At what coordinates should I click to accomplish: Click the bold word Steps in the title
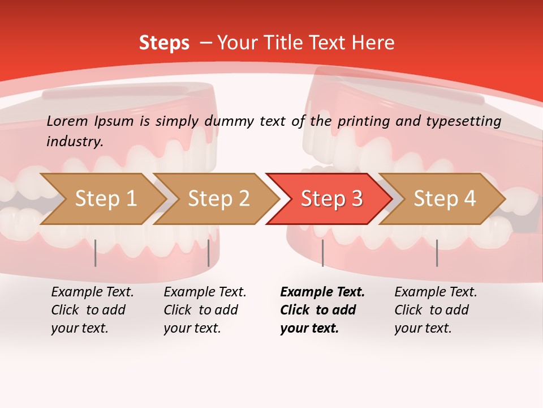tap(164, 42)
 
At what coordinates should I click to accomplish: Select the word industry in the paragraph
tap(74, 142)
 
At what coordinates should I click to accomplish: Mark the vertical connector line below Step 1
tap(96, 253)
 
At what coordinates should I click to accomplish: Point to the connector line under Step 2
tap(209, 253)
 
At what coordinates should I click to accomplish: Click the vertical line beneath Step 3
tap(322, 253)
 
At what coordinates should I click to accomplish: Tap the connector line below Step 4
tap(437, 253)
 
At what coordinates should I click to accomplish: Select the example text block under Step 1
tap(92, 310)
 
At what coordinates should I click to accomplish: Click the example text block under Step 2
tap(205, 310)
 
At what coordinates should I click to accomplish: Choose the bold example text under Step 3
tap(322, 310)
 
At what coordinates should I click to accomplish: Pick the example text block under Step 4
tap(436, 310)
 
